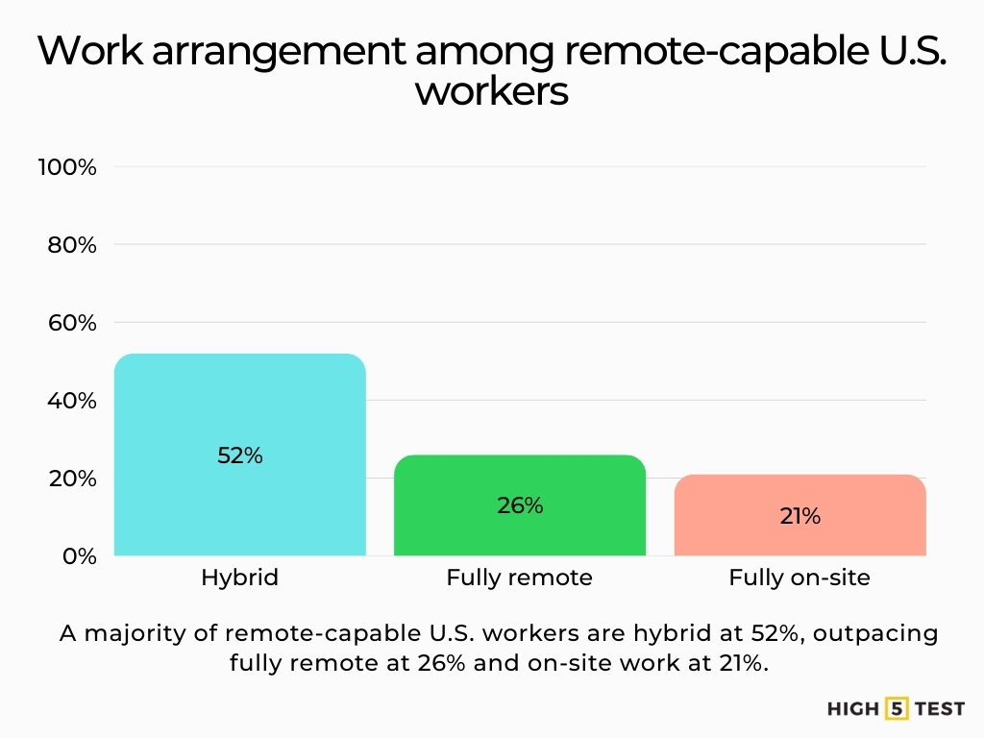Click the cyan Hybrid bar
(239, 404)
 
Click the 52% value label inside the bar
(239, 455)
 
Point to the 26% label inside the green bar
(520, 504)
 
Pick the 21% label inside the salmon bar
(799, 516)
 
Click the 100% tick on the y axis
(67, 167)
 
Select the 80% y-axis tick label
(71, 245)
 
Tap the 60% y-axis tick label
(71, 323)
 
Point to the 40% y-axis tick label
(71, 401)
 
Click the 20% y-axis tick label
(71, 479)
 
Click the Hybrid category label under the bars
(239, 578)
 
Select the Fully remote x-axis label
(519, 578)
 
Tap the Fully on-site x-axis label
(799, 578)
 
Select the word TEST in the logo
(939, 709)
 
